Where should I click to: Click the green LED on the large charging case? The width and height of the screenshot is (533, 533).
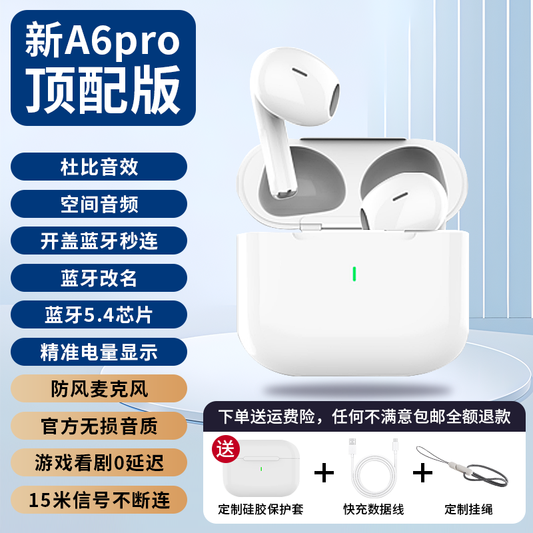(x=354, y=274)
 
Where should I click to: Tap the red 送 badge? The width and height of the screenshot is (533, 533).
(x=226, y=449)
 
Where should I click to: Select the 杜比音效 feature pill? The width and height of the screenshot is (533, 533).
(x=99, y=167)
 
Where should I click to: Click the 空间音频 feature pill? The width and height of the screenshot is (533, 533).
(x=99, y=204)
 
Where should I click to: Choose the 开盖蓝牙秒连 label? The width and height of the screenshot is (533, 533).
(x=99, y=241)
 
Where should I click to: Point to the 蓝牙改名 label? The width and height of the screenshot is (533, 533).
(x=99, y=278)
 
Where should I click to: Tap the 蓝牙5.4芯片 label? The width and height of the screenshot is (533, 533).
(x=99, y=314)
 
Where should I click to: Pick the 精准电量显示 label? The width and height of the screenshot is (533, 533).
(x=99, y=352)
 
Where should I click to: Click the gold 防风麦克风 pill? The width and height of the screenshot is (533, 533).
(x=99, y=388)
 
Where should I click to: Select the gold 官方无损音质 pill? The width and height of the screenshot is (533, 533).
(x=99, y=426)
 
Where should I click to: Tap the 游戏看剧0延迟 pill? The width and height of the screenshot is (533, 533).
(x=99, y=462)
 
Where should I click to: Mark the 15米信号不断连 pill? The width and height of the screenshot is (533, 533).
(x=99, y=500)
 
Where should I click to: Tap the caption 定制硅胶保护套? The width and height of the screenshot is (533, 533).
(x=261, y=509)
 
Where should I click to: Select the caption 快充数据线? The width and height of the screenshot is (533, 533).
(x=374, y=509)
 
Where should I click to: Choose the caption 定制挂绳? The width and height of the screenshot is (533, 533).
(x=469, y=509)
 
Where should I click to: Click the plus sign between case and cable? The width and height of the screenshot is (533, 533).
(x=324, y=472)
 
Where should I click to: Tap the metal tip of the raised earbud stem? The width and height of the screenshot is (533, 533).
(x=286, y=194)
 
